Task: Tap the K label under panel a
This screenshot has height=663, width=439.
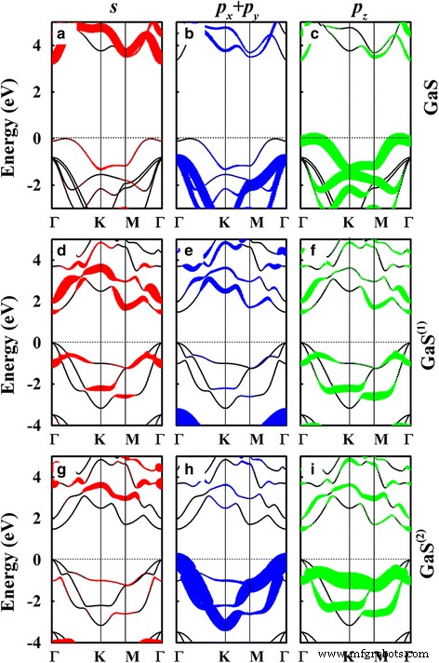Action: click(x=100, y=223)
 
